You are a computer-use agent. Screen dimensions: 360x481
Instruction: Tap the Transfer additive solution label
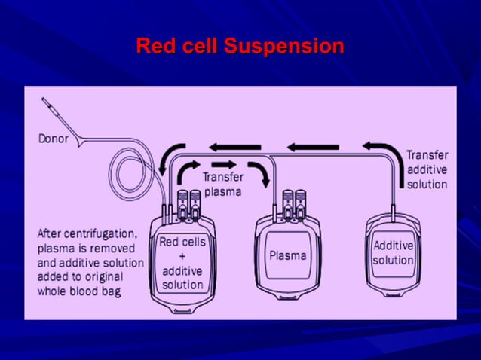point(427,169)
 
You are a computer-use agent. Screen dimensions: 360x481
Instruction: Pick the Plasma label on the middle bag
point(288,255)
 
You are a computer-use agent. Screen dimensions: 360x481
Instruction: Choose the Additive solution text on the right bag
point(393,253)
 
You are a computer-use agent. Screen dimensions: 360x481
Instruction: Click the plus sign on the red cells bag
point(182,256)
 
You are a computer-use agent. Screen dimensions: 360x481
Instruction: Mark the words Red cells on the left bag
point(182,242)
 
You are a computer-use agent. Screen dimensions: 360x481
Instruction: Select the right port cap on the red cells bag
point(195,203)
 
